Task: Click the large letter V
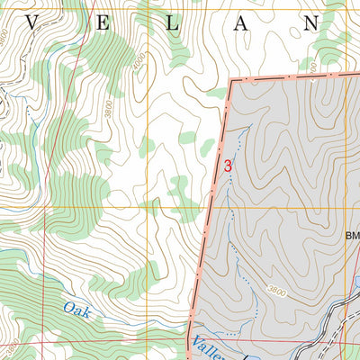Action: (x=31, y=24)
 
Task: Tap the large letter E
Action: (x=101, y=24)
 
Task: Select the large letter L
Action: (x=170, y=24)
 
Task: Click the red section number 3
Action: (x=228, y=166)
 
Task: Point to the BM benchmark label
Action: (x=352, y=238)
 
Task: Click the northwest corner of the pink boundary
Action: (x=231, y=82)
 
